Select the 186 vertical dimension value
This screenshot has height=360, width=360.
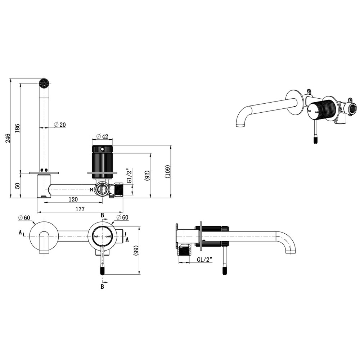17,128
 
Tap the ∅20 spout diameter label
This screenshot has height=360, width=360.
60,125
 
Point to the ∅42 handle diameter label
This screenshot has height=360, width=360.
103,136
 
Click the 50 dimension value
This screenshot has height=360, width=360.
17,185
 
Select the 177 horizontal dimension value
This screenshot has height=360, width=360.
80,209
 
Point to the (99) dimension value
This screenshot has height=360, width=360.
136,251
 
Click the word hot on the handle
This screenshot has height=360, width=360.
96,236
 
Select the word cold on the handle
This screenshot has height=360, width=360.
108,236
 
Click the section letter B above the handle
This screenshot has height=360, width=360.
102,215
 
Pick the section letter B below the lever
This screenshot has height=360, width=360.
102,287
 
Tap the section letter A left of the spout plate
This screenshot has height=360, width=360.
21,232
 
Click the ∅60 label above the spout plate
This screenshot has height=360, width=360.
24,217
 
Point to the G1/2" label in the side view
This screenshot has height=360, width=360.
204,259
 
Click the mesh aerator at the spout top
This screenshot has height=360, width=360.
44,83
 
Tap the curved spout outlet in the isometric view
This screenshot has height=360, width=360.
240,125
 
